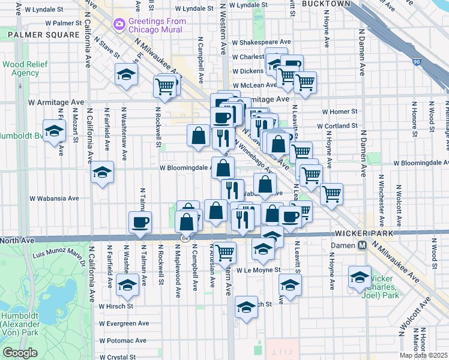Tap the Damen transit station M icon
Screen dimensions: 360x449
tap(363, 245)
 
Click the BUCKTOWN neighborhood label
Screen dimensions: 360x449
tap(325, 4)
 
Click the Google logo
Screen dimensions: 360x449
tap(20, 353)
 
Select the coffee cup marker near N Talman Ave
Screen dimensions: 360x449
tap(140, 223)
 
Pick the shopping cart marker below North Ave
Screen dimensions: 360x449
tap(225, 253)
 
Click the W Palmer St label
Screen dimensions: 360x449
tap(58, 23)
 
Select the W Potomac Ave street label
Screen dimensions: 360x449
tap(122, 340)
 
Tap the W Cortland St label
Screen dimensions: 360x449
tap(339, 126)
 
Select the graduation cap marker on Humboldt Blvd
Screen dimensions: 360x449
tap(54, 131)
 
